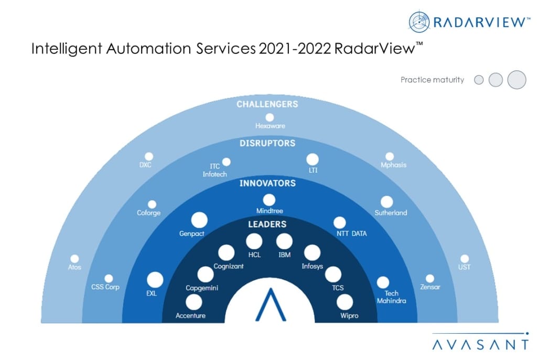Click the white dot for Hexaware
click(x=269, y=118)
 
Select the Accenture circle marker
click(x=194, y=302)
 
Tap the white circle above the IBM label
click(x=285, y=241)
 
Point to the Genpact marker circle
click(x=199, y=220)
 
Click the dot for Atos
click(x=74, y=258)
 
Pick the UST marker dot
click(x=465, y=258)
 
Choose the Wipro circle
click(x=345, y=302)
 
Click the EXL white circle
click(x=155, y=279)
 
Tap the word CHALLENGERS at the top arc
click(x=267, y=104)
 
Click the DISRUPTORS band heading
click(x=267, y=144)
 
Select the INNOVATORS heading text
click(x=267, y=183)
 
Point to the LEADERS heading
click(x=267, y=224)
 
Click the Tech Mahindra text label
click(x=392, y=297)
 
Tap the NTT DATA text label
click(x=352, y=234)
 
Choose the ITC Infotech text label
click(x=214, y=170)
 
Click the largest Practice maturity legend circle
click(x=517, y=80)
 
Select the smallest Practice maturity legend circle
click(x=479, y=80)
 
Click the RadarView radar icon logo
click(x=419, y=22)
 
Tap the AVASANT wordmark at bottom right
click(x=480, y=345)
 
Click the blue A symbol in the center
click(x=271, y=305)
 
